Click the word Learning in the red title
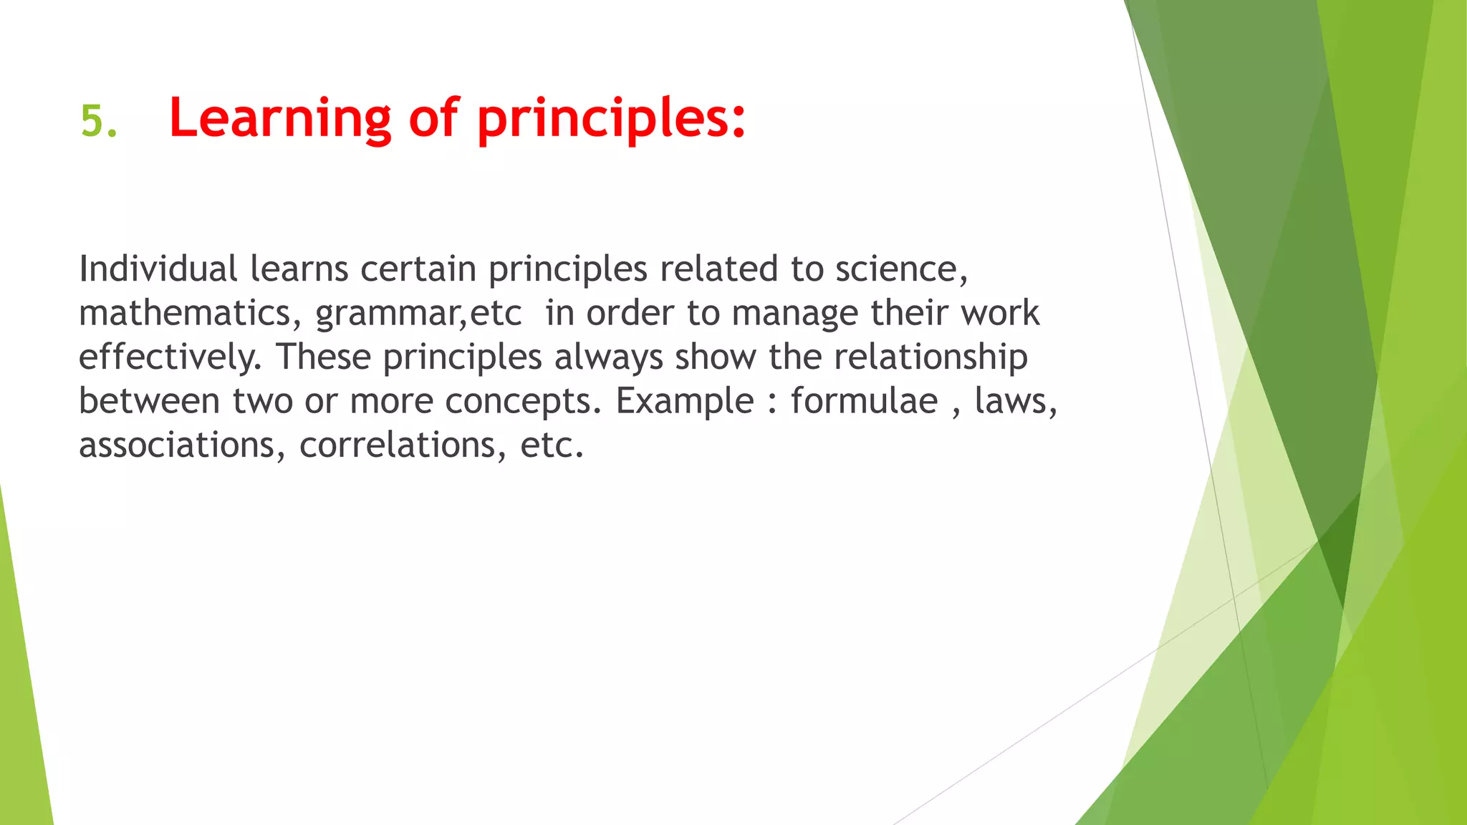[x=280, y=118]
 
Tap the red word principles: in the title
[x=611, y=118]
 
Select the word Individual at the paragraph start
[x=158, y=269]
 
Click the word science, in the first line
[x=901, y=269]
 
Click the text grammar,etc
[x=418, y=313]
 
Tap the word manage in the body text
[x=794, y=313]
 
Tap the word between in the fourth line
[x=149, y=401]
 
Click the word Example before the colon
[x=685, y=401]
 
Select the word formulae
[x=864, y=401]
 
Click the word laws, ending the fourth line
[x=1016, y=401]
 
